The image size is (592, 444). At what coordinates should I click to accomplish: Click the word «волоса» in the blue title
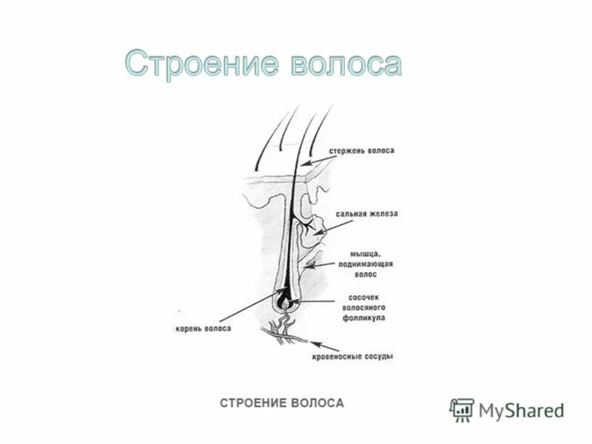[343, 65]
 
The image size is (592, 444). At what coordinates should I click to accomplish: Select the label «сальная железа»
[366, 214]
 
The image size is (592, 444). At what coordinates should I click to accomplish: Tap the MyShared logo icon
[462, 409]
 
